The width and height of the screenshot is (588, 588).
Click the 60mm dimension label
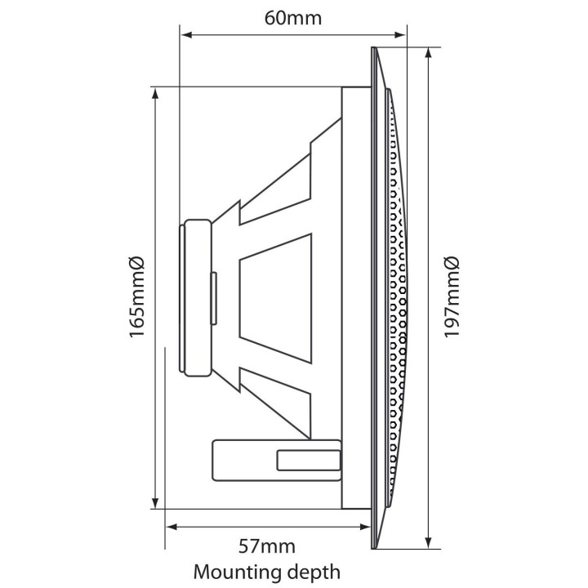tap(293, 18)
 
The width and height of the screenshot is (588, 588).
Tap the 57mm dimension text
tap(266, 546)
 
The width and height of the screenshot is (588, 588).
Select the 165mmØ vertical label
tap(136, 297)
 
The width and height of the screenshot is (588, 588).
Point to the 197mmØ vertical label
tap(451, 297)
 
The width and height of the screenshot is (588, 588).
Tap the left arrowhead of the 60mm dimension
tap(186, 35)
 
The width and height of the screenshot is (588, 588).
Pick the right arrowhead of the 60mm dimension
tap(400, 35)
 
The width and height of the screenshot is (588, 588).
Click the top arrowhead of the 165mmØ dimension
tap(155, 93)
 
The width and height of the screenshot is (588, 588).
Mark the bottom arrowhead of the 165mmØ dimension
tap(155, 503)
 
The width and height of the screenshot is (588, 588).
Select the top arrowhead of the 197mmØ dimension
tap(428, 54)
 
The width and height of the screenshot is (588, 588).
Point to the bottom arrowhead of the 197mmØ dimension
tap(428, 542)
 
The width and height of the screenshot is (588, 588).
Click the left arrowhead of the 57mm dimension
tap(171, 527)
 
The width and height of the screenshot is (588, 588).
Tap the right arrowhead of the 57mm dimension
tap(365, 527)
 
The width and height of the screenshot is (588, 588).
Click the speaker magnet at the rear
tap(195, 298)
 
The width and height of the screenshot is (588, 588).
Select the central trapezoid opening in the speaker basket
tap(276, 298)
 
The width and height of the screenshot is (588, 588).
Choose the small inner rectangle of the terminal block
tap(309, 461)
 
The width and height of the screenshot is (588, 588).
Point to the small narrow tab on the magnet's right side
tap(214, 299)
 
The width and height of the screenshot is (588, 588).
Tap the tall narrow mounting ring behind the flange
tap(356, 298)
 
